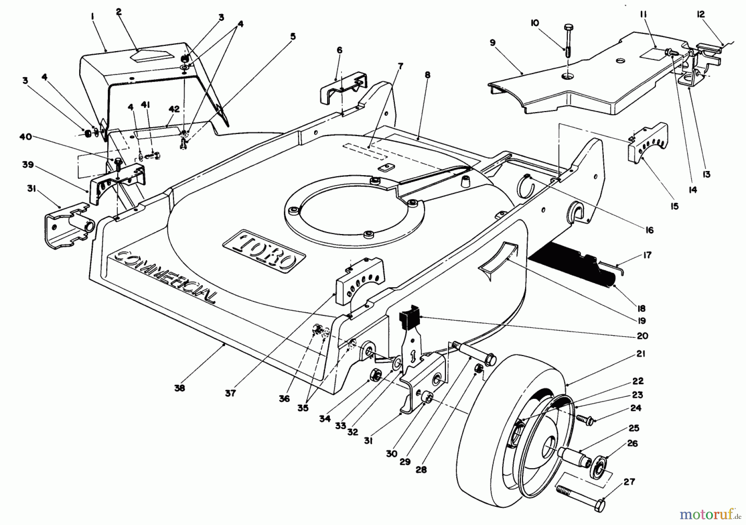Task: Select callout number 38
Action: [x=179, y=388]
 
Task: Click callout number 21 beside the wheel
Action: [x=642, y=354]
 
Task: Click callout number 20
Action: [x=643, y=336]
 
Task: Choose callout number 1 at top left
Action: [x=92, y=16]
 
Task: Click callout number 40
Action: [x=26, y=137]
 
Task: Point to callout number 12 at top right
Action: [x=700, y=15]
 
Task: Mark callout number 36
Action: [x=284, y=398]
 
